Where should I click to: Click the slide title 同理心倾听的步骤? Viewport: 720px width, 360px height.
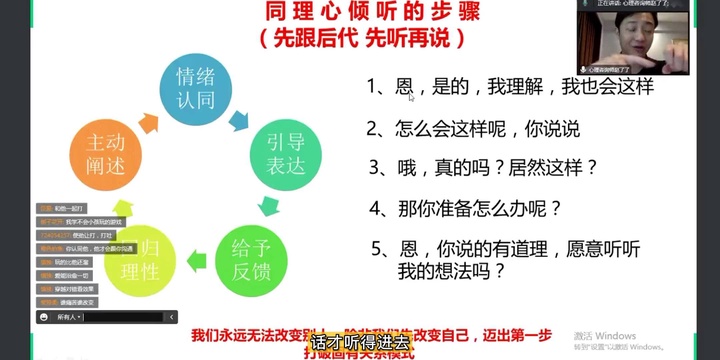[x=359, y=13]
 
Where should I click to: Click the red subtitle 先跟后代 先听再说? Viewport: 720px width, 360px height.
[x=359, y=40]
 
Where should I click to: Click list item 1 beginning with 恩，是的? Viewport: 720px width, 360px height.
[x=509, y=88]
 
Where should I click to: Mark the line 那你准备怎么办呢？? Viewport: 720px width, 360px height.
[x=465, y=209]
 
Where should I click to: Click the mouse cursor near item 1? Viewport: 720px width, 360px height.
[x=411, y=98]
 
